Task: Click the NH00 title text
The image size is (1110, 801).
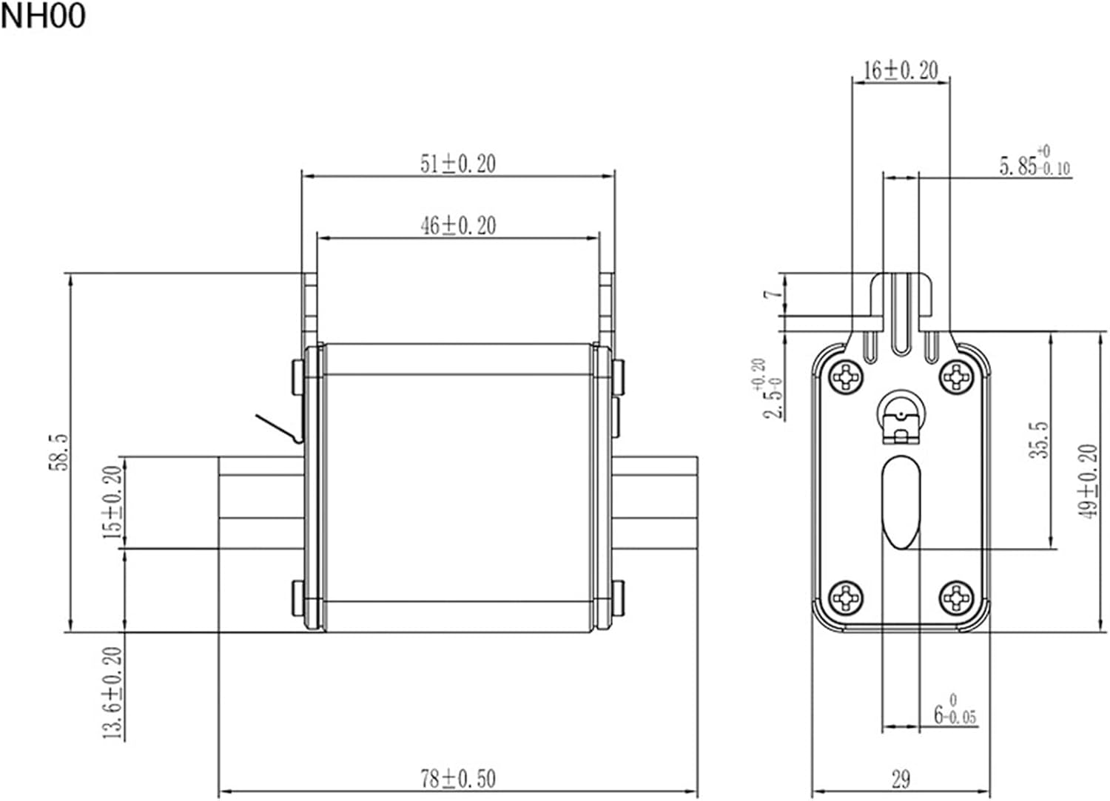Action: click(43, 16)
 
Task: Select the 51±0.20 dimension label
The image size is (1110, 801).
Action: click(458, 163)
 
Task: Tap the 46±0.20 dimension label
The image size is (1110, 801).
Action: click(458, 225)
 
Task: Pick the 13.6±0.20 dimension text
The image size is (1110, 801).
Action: click(112, 692)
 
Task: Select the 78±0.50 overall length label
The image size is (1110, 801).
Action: click(458, 779)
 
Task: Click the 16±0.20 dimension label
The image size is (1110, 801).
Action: click(901, 70)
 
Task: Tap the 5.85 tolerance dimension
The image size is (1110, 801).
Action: click(1034, 163)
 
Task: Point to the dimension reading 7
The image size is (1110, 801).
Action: click(773, 294)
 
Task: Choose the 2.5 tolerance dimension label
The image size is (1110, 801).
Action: click(770, 390)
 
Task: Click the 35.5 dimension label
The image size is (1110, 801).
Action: click(1040, 440)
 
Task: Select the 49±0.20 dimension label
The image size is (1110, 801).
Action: click(1088, 481)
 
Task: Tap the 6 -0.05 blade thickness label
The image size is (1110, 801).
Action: click(954, 712)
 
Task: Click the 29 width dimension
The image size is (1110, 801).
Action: click(901, 779)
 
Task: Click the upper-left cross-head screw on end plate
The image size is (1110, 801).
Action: click(845, 378)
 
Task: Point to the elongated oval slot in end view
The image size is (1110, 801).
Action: click(901, 502)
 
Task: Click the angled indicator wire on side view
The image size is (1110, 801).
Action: click(279, 428)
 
